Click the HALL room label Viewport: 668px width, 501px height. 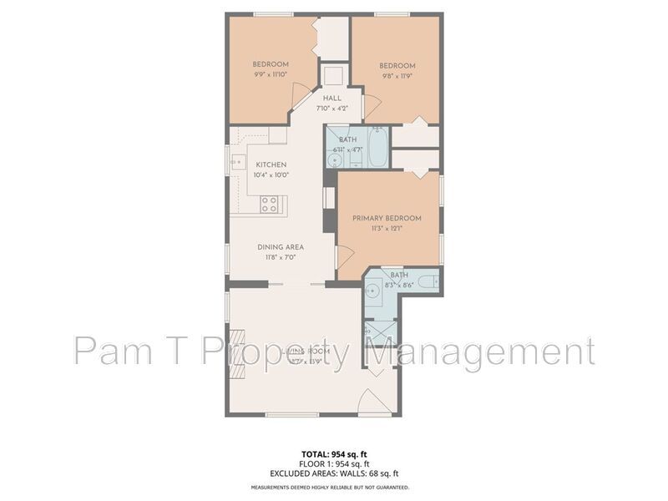pyautogui.click(x=332, y=99)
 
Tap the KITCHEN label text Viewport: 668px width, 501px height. pyautogui.click(x=271, y=164)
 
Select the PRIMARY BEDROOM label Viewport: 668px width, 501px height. pyautogui.click(x=387, y=218)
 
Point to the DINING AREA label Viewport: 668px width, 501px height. pyautogui.click(x=280, y=247)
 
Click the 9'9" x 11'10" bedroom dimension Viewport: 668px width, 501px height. pyautogui.click(x=271, y=74)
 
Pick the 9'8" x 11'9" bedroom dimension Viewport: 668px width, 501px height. pyautogui.click(x=397, y=76)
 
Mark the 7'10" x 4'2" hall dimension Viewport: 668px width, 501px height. pyautogui.click(x=332, y=109)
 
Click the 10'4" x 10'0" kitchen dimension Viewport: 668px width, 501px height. pyautogui.click(x=271, y=175)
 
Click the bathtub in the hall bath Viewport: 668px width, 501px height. pyautogui.click(x=377, y=147)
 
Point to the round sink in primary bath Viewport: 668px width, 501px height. pyautogui.click(x=374, y=289)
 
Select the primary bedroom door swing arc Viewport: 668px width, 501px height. pyautogui.click(x=345, y=258)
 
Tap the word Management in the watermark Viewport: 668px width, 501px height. pyautogui.click(x=479, y=351)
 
